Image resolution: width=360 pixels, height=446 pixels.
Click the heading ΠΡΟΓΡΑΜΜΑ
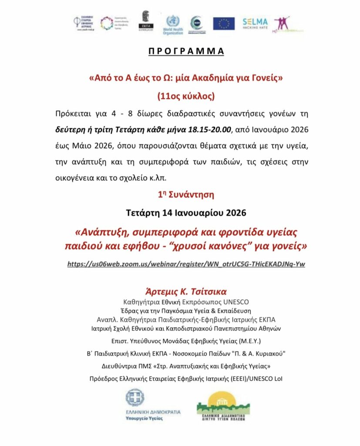(180, 51)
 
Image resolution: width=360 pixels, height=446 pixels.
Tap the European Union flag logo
(224, 24)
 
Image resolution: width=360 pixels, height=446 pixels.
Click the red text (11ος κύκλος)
(180, 95)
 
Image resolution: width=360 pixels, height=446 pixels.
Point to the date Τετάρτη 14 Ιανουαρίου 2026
(180, 213)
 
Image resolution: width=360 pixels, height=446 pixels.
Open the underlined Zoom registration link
(186, 264)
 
